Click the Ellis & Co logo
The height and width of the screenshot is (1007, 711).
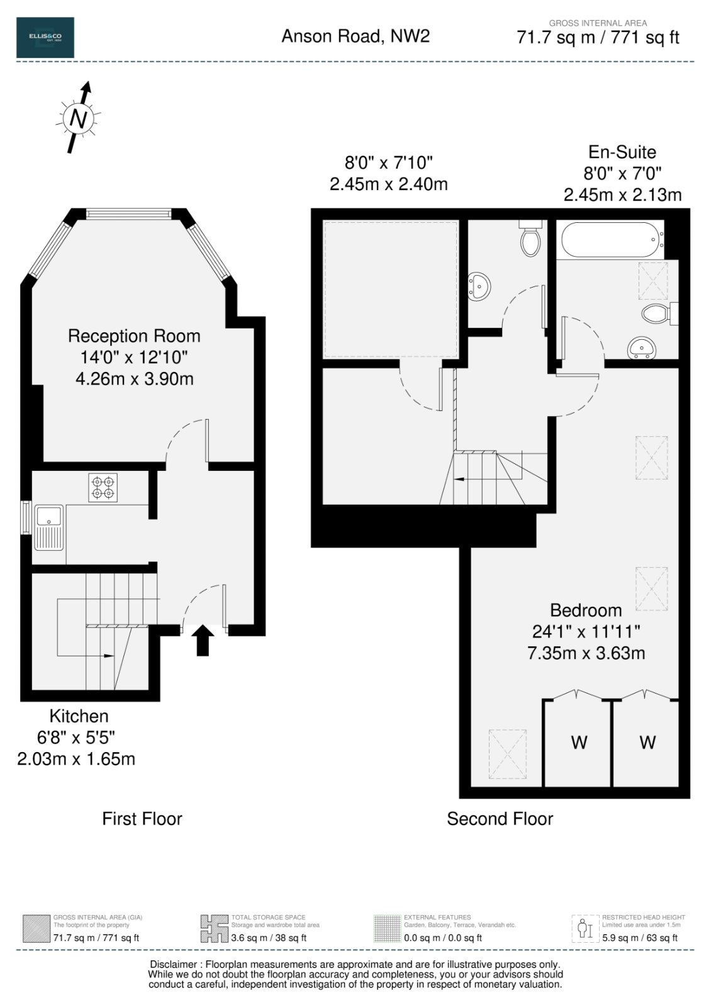pos(45,37)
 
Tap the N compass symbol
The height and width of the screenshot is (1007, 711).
pos(78,118)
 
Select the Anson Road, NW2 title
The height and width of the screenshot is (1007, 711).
pos(355,36)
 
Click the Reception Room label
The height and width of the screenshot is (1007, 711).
pos(134,336)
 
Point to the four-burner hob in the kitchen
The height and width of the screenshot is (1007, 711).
pos(103,487)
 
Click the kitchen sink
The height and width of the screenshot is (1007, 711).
pos(50,527)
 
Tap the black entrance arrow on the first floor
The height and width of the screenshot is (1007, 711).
pos(203,640)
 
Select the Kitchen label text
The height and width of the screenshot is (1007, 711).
pos(79,716)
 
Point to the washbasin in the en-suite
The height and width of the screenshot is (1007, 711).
pos(642,347)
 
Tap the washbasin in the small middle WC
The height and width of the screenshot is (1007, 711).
pos(479,286)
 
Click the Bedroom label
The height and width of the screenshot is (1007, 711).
pos(586,610)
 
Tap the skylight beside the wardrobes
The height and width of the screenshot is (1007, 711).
pos(507,754)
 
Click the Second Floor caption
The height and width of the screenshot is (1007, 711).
pos(500,819)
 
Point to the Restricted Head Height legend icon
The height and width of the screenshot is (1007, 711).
pos(585,928)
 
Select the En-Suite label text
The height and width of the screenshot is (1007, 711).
pos(622,152)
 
